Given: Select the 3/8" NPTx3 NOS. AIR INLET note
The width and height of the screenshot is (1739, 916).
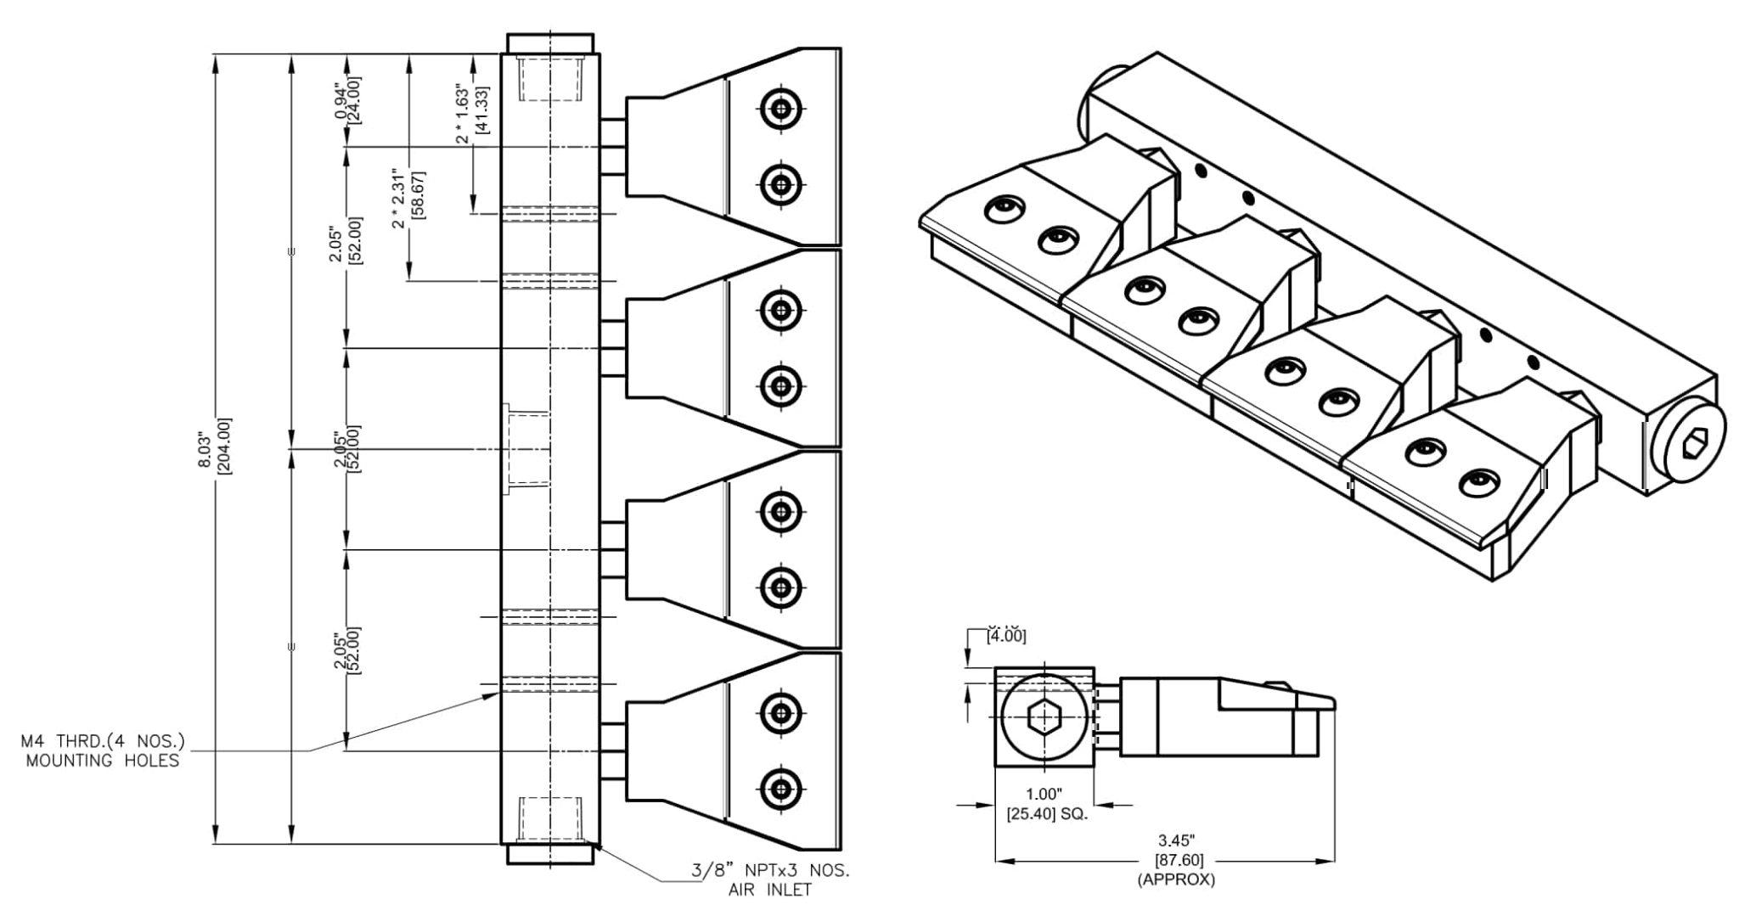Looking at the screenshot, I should coord(769,879).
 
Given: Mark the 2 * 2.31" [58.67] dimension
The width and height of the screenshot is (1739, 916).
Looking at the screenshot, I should coord(408,205).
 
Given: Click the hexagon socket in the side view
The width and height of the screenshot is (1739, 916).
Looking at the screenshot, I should coord(1043,720).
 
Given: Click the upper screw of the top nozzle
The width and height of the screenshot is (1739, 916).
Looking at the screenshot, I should coord(779,109).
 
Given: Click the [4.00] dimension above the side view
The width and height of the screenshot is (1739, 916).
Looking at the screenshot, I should coord(1005,635).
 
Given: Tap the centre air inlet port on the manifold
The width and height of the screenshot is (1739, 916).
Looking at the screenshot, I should coord(526,448).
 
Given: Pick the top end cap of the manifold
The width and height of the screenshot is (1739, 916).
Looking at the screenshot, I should coord(550,43).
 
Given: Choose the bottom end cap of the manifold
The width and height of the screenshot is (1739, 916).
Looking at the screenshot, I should coord(550,853).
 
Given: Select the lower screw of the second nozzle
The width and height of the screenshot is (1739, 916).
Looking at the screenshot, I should coord(779,385).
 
